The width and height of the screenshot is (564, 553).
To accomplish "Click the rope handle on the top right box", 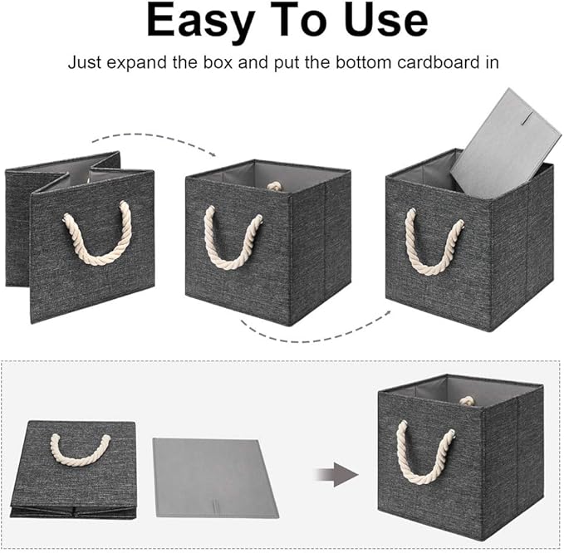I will [434, 241].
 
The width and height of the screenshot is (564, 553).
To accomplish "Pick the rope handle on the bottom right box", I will [426, 453].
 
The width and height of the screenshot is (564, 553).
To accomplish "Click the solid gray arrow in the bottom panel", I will [336, 476].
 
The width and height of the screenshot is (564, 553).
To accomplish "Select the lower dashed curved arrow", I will [316, 332].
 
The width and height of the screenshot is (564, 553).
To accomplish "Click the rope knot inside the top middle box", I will [274, 186].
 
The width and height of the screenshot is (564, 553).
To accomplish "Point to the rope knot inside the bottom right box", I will [467, 400].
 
